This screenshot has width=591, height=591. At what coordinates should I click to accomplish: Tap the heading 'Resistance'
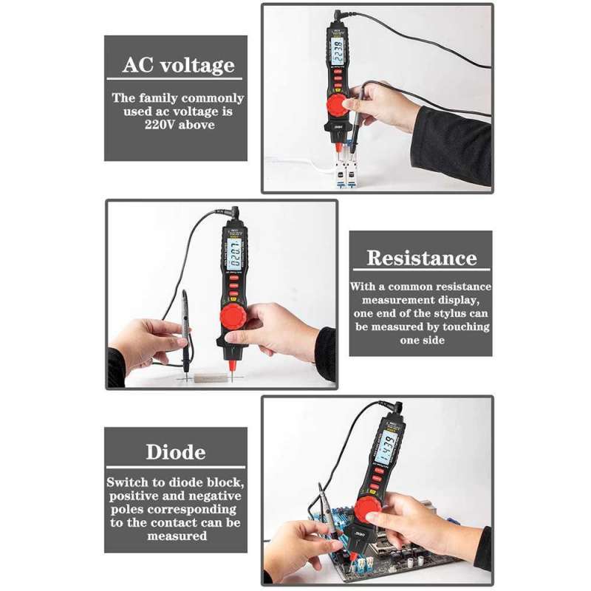421,258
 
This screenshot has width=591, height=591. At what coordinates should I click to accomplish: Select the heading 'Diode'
175,451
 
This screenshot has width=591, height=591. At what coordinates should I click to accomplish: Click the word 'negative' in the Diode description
210,496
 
